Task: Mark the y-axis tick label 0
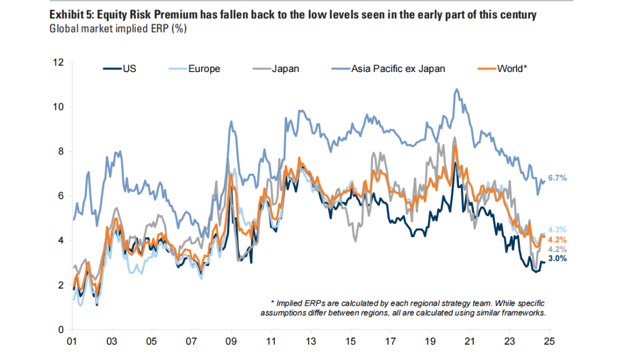[x=60, y=330]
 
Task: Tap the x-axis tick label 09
[x=231, y=341]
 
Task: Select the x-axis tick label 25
[x=549, y=341]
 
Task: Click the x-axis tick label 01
[x=73, y=341]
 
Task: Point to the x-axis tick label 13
[x=311, y=341]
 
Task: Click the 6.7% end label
[x=557, y=178]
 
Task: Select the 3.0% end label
[x=557, y=258]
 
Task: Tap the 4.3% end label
[x=557, y=230]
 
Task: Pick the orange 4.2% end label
[x=557, y=239]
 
